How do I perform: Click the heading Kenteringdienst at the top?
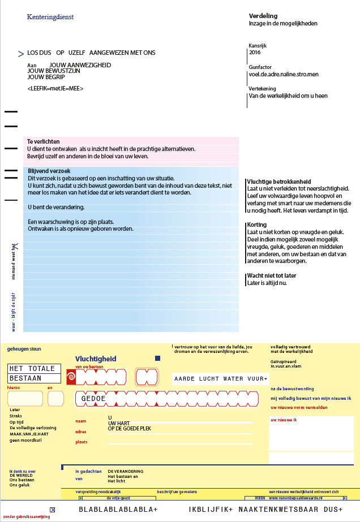click(x=50, y=17)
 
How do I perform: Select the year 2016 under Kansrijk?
click(x=255, y=52)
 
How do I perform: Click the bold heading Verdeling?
click(x=262, y=16)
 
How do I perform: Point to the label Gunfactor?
click(x=260, y=67)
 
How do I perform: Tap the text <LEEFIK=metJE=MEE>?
click(x=55, y=89)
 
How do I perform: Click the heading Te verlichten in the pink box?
click(x=44, y=141)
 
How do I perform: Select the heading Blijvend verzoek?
click(x=49, y=171)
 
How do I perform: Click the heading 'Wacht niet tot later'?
click(x=272, y=275)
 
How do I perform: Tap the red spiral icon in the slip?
click(x=71, y=377)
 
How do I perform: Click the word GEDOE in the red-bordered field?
click(x=93, y=399)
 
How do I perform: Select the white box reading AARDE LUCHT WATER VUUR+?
click(x=221, y=378)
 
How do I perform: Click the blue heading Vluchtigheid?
click(x=96, y=359)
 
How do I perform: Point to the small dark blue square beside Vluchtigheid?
click(x=158, y=359)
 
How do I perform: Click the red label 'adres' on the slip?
click(x=80, y=432)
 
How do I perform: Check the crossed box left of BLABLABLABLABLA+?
click(x=53, y=510)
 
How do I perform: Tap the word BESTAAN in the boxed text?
click(x=26, y=378)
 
